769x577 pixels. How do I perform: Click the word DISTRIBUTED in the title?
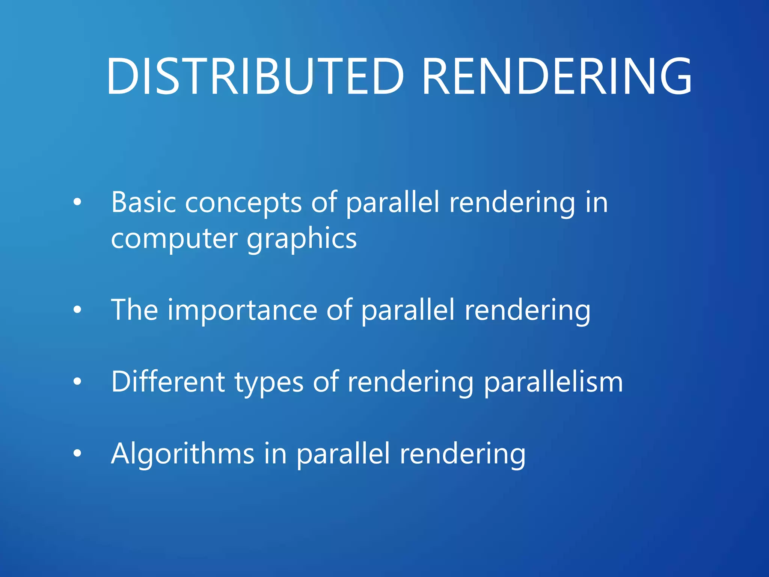click(255, 76)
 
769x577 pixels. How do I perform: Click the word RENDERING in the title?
click(557, 76)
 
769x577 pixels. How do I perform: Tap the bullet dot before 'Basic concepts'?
click(77, 202)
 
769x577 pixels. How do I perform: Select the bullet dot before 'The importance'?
click(77, 310)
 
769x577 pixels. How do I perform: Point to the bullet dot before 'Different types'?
click(77, 382)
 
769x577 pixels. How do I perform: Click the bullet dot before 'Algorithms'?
click(77, 453)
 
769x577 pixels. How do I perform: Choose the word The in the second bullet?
click(134, 310)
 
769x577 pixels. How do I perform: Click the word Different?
click(168, 382)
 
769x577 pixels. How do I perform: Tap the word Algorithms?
click(182, 453)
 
